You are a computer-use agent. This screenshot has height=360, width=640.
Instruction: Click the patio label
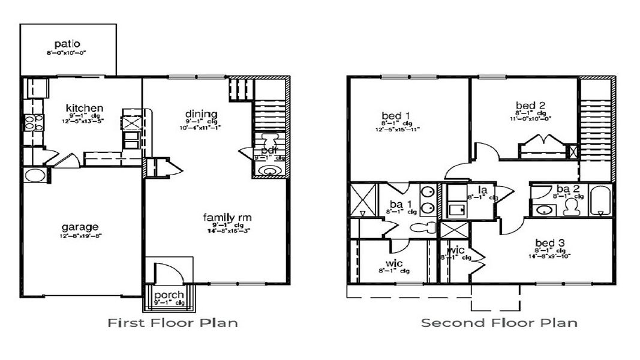click(x=67, y=44)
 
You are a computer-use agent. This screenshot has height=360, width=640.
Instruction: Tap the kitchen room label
click(x=85, y=109)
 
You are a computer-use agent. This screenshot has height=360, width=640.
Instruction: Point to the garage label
click(x=79, y=227)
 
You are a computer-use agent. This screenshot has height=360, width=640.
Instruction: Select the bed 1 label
click(x=396, y=115)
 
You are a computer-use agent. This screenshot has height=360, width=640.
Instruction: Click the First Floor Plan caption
click(x=173, y=323)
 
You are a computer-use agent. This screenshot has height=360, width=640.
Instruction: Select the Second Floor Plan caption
click(x=499, y=323)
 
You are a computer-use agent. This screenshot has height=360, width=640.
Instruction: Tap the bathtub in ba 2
click(x=600, y=202)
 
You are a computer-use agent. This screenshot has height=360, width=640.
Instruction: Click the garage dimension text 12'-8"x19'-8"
click(x=79, y=236)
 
